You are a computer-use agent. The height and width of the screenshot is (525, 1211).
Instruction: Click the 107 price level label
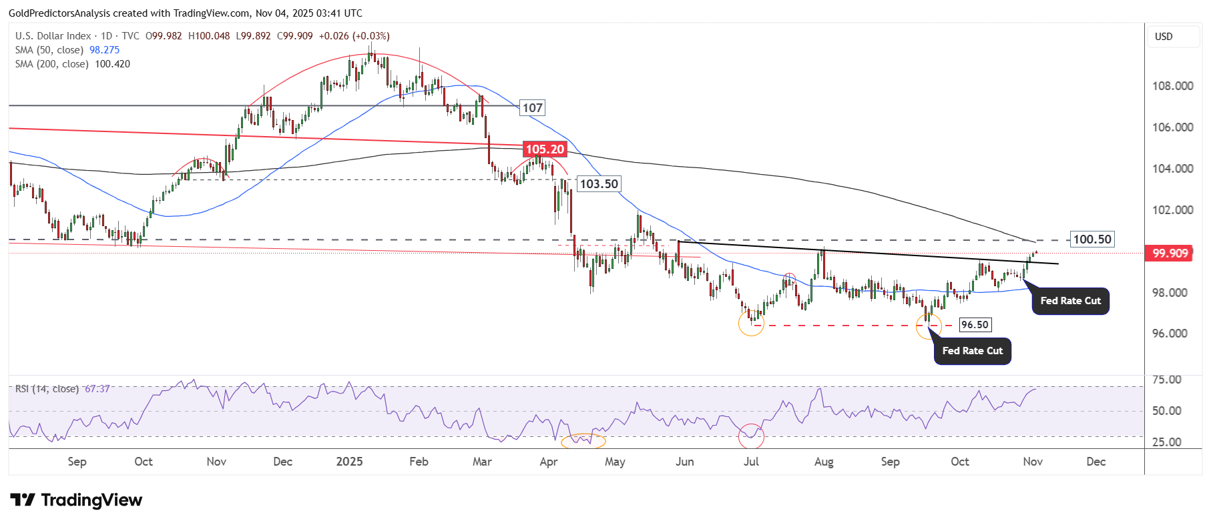(532, 107)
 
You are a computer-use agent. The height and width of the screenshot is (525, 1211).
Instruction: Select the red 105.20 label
(545, 149)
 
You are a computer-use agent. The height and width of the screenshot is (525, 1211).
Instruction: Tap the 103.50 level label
(599, 183)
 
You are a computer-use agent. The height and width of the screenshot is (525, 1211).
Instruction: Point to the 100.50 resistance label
(1092, 239)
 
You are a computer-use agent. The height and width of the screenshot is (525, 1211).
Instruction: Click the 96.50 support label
(975, 325)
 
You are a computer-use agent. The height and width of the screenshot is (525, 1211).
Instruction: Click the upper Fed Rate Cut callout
(1070, 301)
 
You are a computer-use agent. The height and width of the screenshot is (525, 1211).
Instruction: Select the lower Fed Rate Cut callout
(972, 351)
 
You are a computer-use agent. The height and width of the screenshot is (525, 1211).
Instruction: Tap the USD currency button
(1164, 37)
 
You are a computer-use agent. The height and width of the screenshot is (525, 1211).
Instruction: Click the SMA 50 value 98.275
(105, 50)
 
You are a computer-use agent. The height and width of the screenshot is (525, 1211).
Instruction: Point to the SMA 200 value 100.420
(112, 64)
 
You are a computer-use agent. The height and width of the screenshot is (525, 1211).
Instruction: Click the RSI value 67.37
(97, 389)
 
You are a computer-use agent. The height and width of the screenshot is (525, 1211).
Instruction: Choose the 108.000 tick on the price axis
(1172, 85)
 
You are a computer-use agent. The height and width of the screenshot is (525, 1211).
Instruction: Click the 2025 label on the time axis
(349, 462)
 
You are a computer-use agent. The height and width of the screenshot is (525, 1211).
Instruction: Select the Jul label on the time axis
(751, 462)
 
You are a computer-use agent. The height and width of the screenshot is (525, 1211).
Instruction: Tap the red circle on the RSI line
(751, 436)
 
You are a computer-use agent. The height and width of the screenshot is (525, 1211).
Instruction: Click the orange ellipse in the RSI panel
(583, 440)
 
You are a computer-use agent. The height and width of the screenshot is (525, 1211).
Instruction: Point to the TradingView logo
(76, 500)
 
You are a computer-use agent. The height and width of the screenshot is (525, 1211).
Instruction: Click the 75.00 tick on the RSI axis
(1166, 380)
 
